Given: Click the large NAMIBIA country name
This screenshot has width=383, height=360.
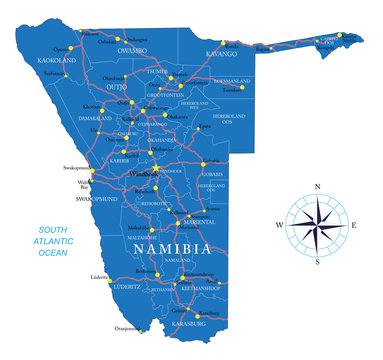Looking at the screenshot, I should (x=174, y=248).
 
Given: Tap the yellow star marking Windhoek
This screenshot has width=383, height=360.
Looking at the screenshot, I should (x=156, y=167).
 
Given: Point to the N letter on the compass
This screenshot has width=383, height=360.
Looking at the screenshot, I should (x=317, y=187).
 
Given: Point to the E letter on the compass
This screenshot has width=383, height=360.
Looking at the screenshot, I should (x=353, y=225).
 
